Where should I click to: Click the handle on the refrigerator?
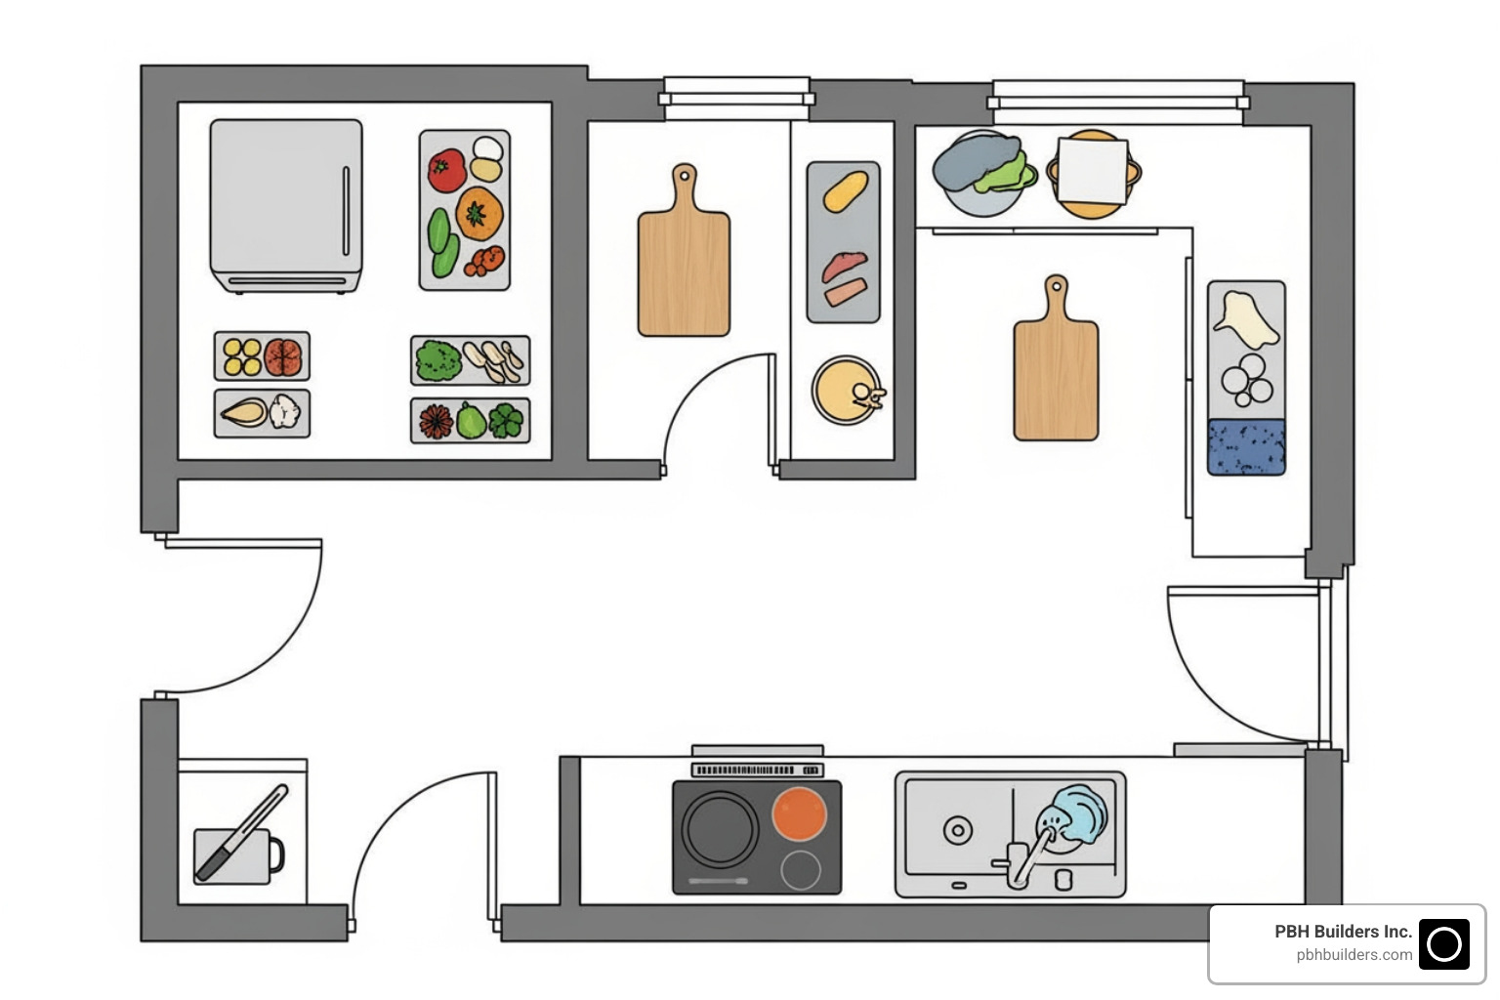coord(346,210)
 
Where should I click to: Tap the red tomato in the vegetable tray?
coord(446,171)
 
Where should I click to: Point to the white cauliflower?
coord(285,411)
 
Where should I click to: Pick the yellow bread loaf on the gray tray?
coord(845,190)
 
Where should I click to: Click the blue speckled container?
coord(1246,447)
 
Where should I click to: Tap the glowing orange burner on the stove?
coord(799,813)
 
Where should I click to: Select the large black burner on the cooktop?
coord(721,827)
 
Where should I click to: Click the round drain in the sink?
coord(957,831)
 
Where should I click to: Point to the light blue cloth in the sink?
coord(1077,813)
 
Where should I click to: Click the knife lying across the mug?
coord(241,833)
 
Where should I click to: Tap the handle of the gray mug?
coord(276,854)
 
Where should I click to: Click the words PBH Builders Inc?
coord(1343,932)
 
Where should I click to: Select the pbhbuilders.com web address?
coord(1354,955)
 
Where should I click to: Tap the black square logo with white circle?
coord(1443,944)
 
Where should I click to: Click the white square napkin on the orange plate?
coord(1093,171)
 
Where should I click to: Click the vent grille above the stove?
coord(757,771)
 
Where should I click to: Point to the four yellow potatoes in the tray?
coord(241,356)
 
